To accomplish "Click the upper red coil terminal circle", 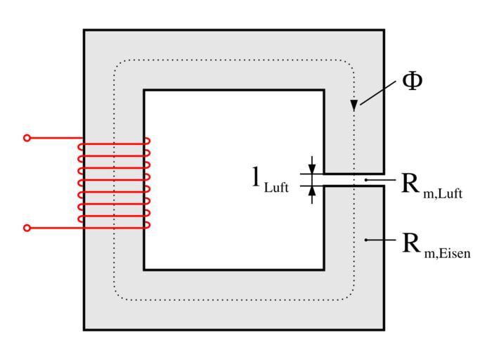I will click(27, 138).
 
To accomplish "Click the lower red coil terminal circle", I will click(27, 228).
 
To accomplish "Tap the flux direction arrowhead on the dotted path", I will click(354, 105).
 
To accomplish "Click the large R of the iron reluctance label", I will click(411, 243).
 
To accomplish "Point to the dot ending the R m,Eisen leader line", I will click(366, 240).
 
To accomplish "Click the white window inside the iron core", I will click(233, 179).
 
